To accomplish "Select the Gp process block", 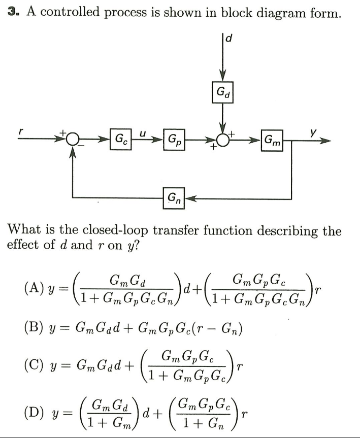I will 174,138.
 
